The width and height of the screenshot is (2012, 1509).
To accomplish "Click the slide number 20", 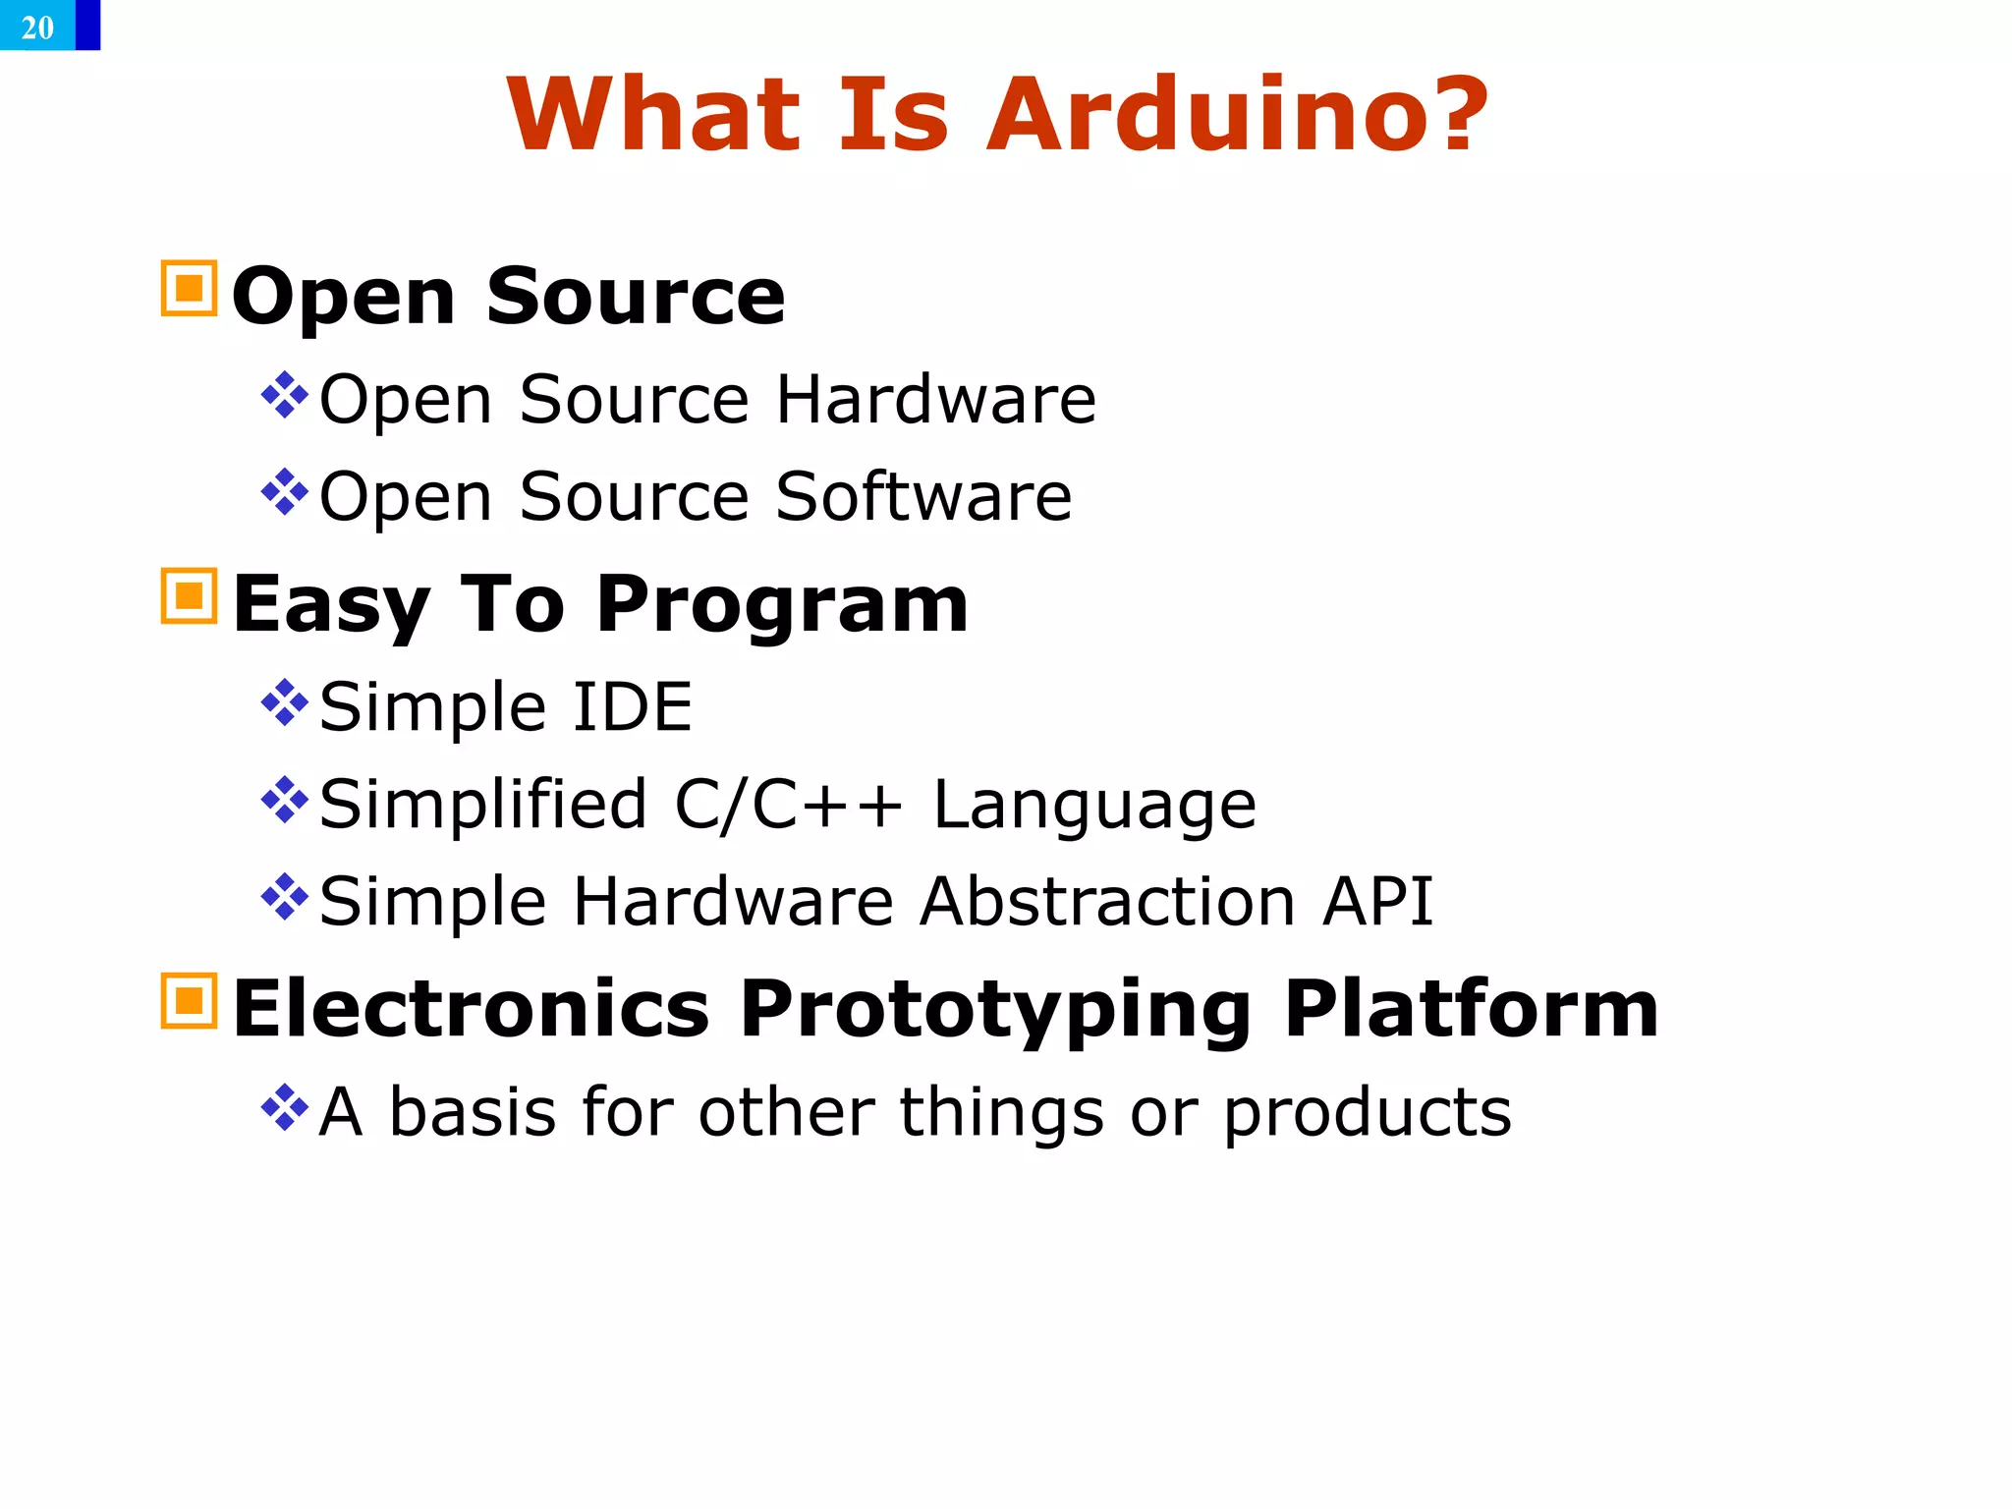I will point(37,27).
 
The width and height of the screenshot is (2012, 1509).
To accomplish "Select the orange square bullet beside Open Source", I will point(189,288).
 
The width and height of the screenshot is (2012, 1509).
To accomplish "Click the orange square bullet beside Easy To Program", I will point(189,595).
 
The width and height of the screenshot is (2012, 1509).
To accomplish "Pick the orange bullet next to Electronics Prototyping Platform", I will point(189,1000).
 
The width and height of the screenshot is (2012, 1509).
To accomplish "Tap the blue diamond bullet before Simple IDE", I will point(285,703).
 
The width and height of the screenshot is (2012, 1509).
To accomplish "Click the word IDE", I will point(632,706).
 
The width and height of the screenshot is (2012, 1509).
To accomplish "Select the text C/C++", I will point(788,805).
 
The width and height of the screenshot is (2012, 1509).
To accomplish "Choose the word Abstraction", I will point(1107,901).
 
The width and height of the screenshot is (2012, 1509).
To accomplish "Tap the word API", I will point(1377,901).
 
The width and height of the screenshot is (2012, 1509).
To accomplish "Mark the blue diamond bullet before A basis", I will point(285,1108).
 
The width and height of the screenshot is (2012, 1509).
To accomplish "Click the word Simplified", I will point(482,805).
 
